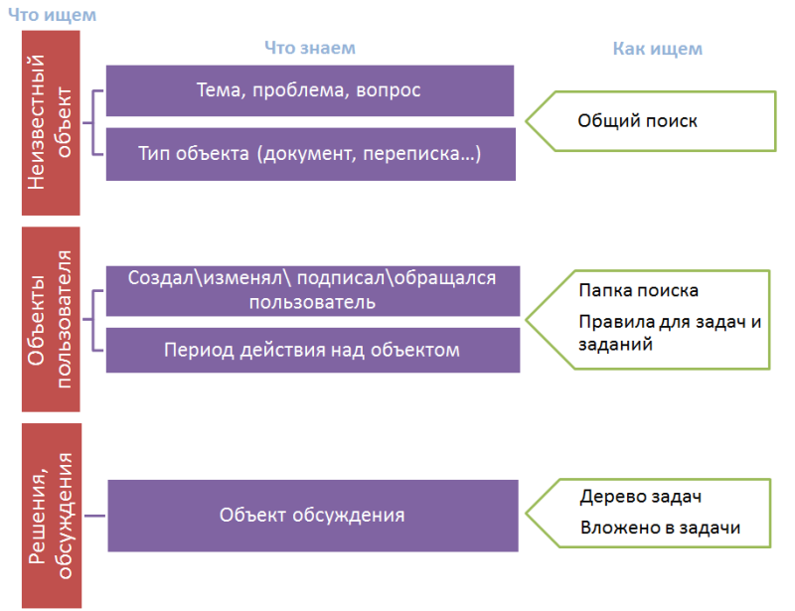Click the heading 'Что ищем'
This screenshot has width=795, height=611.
tap(52, 15)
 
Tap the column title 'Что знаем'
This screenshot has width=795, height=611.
tap(310, 48)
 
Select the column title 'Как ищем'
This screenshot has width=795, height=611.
tap(657, 49)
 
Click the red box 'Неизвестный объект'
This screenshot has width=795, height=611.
tap(51, 123)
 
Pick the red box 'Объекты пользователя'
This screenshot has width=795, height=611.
tap(51, 320)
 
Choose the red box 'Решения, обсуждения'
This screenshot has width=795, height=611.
tap(52, 516)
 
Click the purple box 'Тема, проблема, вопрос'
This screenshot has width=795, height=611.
tap(310, 90)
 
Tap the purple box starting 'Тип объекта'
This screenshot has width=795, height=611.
tap(311, 154)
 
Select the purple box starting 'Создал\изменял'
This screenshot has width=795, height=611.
tap(313, 291)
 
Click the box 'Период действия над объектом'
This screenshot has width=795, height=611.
tap(313, 351)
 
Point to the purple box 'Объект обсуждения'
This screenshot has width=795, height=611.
tap(313, 516)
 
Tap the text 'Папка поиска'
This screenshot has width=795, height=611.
tap(638, 290)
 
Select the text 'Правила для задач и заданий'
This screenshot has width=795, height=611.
tap(670, 333)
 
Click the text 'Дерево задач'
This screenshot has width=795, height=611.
tap(641, 497)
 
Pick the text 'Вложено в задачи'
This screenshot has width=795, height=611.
tap(660, 528)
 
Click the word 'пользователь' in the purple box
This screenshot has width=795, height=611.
tap(312, 303)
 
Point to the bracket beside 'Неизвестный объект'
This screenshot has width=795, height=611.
tap(92, 123)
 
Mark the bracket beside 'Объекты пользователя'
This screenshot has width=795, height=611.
tap(92, 320)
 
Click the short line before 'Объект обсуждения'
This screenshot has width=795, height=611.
tap(94, 516)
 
